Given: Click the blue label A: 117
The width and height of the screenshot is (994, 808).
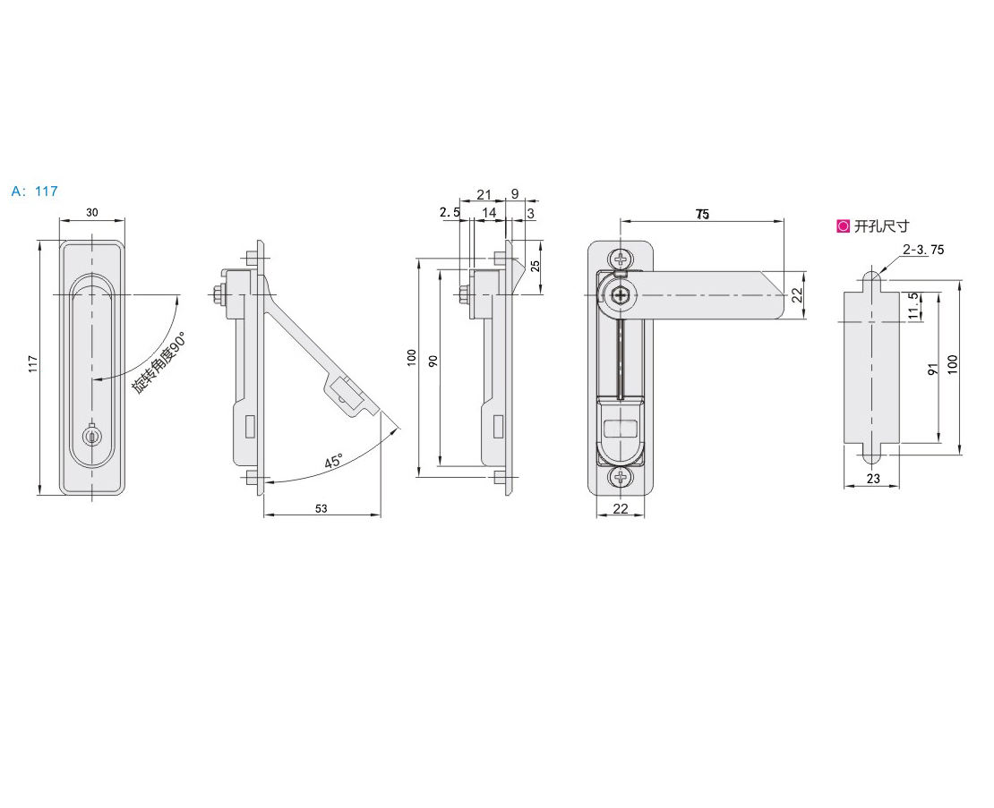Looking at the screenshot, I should coord(35,191).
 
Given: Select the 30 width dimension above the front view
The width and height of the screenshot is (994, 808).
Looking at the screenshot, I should coord(92,212).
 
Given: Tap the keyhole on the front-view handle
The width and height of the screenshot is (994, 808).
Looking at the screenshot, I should coord(92,436).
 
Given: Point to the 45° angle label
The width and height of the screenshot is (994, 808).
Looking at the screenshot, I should coord(333,462).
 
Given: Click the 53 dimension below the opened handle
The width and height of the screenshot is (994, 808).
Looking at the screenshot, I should coord(321,508).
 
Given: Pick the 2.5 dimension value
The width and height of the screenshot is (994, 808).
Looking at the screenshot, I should coord(450,212).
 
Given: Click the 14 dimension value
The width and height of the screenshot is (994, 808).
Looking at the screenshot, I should coord(488,212).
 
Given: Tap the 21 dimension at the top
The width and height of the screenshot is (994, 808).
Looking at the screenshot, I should coord(484,194).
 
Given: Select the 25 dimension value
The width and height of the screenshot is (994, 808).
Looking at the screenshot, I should coord(535,266).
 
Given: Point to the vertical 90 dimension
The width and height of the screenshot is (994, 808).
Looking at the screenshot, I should coord(433,361).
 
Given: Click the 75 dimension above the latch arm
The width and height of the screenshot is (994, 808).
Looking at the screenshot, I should coord(702,214).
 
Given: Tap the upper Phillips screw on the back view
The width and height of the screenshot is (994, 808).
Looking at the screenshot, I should coord(621,259).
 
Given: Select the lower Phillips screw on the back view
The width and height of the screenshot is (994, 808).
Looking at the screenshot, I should coord(621,478).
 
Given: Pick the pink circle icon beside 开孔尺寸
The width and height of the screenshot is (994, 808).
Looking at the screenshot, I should coord(843,226).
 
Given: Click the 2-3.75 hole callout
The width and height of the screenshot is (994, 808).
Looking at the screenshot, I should coord(923,250).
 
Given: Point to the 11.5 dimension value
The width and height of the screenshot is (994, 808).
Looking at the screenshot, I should coord(913,305).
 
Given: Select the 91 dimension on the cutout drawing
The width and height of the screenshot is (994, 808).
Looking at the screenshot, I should coord(931,367).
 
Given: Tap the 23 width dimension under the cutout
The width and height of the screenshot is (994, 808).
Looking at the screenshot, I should coord(873,479).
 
